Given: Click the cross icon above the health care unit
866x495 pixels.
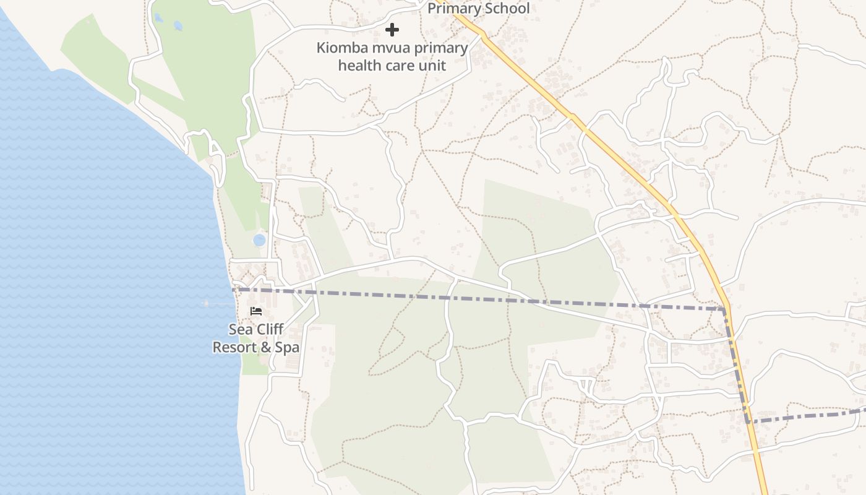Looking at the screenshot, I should [392, 30].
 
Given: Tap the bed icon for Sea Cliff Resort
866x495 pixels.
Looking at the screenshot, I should [256, 311].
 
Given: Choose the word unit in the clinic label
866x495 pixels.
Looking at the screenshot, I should [432, 66].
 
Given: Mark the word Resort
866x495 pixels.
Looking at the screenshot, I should [233, 347].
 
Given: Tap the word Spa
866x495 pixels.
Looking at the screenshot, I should [287, 347].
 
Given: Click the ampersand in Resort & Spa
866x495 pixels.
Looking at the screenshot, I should [265, 347].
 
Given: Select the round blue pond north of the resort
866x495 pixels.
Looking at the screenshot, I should [259, 239].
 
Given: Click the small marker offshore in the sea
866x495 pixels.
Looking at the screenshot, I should [206, 303].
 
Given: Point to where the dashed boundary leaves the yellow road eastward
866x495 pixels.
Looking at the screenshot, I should [748, 421].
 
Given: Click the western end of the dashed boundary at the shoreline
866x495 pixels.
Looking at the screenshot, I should [234, 289].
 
